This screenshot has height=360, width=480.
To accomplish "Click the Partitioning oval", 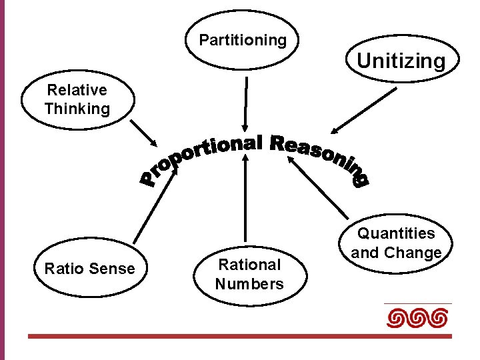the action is [243, 41].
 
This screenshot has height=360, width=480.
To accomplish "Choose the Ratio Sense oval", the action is [89, 269].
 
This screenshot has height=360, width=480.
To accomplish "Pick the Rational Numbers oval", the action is [249, 274].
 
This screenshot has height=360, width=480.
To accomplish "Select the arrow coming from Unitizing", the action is [364, 111].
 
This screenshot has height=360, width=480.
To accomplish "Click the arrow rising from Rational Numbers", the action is [246, 200].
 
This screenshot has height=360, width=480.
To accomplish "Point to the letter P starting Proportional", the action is [149, 179].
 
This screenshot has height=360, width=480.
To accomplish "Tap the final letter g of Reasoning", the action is [361, 179].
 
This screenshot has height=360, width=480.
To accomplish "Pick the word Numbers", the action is [249, 284].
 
